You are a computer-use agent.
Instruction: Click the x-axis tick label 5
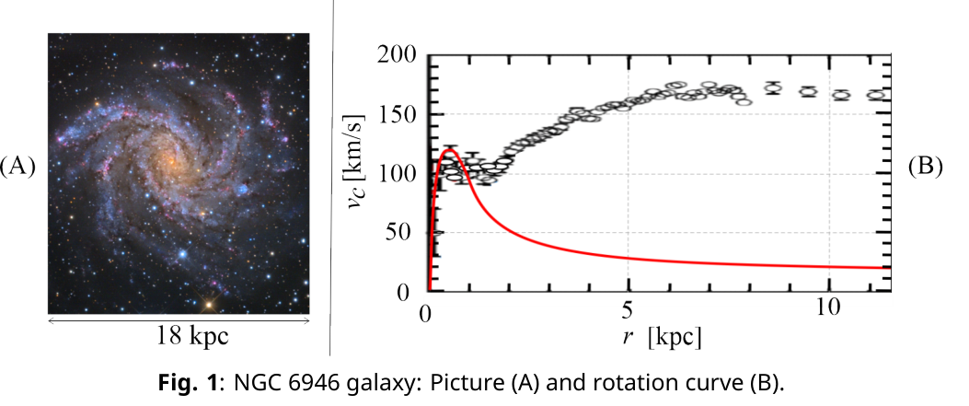click(x=629, y=309)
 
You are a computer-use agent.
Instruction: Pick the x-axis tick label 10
click(x=828, y=308)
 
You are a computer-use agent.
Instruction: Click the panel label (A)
click(x=17, y=167)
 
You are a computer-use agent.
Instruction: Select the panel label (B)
click(x=925, y=167)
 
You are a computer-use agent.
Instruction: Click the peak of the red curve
click(x=449, y=149)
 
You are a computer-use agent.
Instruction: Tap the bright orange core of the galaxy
click(x=172, y=160)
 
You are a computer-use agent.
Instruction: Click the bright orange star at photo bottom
click(x=210, y=304)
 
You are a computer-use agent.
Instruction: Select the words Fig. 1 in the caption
click(x=187, y=383)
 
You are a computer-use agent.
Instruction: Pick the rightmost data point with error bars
click(x=876, y=95)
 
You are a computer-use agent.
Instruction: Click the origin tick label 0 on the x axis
click(x=427, y=309)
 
